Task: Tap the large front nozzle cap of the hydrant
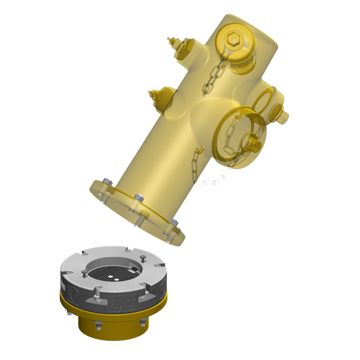pos(236,134)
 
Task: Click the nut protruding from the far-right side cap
pos(284,116)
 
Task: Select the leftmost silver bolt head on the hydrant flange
pos(108,181)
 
